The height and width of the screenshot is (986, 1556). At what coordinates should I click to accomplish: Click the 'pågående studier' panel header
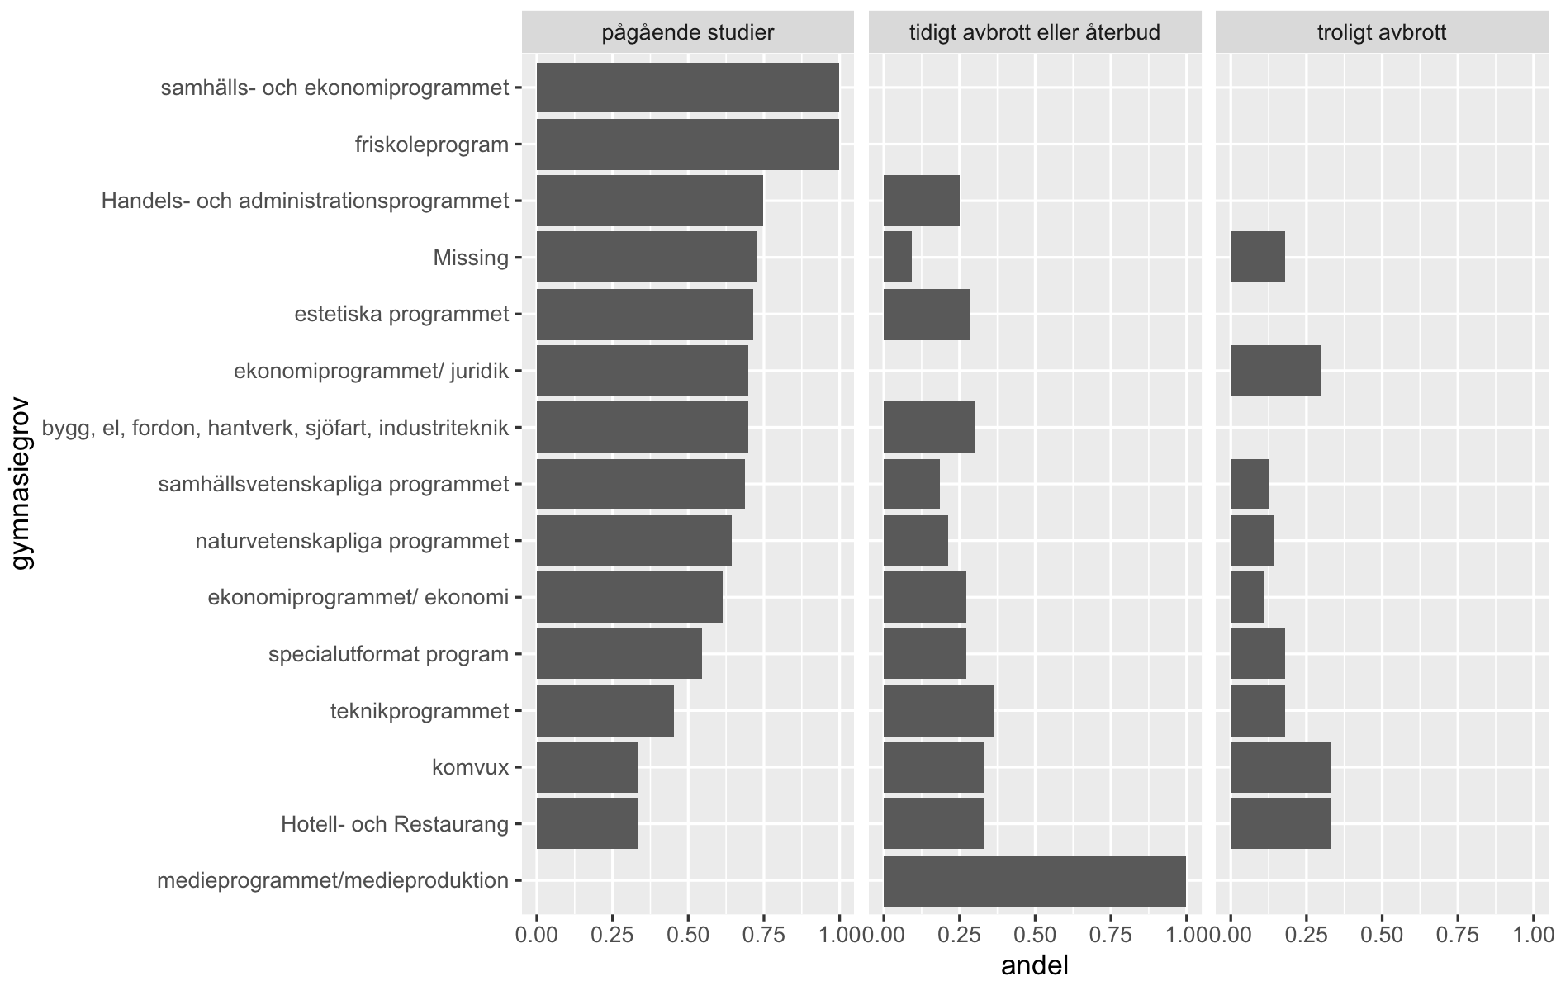687,33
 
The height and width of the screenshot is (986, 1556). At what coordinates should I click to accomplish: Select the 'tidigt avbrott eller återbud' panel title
1034,33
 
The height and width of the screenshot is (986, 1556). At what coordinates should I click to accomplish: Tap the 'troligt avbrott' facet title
1381,33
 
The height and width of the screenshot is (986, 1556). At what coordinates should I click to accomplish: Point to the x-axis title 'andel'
1034,965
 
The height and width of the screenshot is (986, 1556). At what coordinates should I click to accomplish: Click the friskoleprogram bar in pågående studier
687,145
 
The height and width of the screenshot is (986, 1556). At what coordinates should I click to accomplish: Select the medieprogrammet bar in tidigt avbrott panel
1034,881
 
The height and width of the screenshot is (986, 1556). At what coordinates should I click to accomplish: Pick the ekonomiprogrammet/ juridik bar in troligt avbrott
1275,371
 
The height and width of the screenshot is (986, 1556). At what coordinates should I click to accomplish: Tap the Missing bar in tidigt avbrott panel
897,257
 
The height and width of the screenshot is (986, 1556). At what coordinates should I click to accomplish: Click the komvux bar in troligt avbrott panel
1280,767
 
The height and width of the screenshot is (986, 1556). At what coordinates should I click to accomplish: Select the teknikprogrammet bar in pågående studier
605,710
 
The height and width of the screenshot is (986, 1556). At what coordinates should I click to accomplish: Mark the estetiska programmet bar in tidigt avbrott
926,314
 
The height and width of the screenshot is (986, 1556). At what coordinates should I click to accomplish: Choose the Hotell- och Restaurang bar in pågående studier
586,823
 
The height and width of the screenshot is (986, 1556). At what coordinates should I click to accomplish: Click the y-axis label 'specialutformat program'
388,655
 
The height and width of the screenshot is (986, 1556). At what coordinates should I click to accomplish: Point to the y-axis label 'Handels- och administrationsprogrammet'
305,201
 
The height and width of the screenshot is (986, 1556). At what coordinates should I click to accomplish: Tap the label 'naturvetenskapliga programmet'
352,541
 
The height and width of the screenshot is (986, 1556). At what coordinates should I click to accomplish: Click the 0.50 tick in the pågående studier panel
687,935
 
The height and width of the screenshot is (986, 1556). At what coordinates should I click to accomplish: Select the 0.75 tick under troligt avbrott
1457,935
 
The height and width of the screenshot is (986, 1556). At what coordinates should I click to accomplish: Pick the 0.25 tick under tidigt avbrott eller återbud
959,935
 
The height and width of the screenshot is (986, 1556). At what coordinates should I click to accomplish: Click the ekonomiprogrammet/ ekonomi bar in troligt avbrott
1246,597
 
